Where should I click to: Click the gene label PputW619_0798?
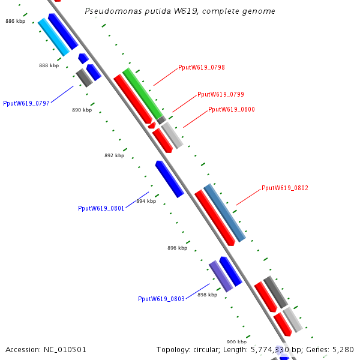coord(202,68)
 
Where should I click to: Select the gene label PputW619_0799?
coord(220,95)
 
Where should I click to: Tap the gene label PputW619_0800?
coord(231,110)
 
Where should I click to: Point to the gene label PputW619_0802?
coord(285,188)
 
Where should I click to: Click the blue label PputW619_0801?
coord(101,209)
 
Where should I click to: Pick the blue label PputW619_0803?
coord(161,299)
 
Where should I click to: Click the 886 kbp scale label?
coord(15,21)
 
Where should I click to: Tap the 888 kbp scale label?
coord(49,65)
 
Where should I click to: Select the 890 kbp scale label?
coord(82,110)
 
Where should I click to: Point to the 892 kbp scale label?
coord(114,155)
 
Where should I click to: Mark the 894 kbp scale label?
coord(146,201)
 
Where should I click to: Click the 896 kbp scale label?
coord(177,248)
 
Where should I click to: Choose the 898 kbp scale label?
coord(207,295)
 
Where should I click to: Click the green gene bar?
coord(143,94)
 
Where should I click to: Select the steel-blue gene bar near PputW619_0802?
coord(224,213)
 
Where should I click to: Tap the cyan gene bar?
coord(53,37)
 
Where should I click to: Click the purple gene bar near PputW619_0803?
coord(220,277)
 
